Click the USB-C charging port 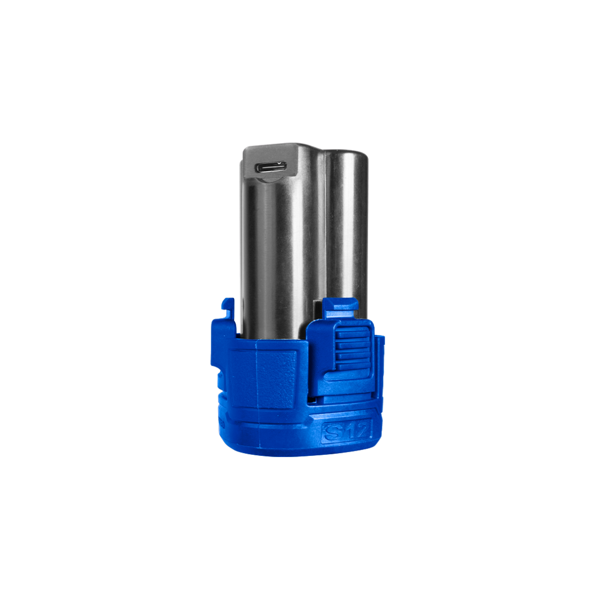pyautogui.click(x=270, y=167)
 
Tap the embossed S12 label pyautogui.click(x=347, y=430)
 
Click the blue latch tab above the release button pyautogui.click(x=340, y=308)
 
